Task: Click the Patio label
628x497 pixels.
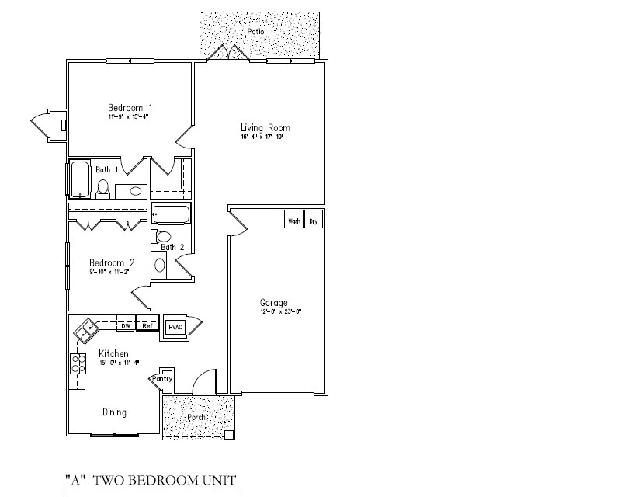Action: click(255, 32)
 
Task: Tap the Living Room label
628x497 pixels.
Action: click(265, 127)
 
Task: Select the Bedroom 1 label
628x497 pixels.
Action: click(130, 107)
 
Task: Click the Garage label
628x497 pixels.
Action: click(273, 303)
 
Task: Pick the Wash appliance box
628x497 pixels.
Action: click(293, 221)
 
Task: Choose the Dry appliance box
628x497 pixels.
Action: click(314, 221)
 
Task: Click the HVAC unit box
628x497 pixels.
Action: click(175, 327)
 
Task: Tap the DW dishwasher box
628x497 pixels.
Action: click(124, 325)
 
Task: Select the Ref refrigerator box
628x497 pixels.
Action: click(147, 325)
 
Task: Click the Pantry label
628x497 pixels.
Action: click(162, 379)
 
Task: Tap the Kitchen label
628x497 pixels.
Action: click(113, 354)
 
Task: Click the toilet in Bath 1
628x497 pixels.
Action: click(102, 187)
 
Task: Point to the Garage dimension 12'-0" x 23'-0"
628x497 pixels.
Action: click(280, 311)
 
